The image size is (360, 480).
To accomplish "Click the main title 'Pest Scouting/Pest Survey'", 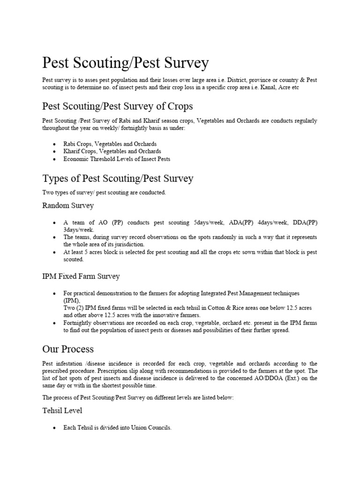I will click(126, 63).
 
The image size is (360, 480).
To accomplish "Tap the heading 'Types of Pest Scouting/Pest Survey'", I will click(118, 179).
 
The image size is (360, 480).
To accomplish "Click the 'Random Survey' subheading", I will click(68, 205).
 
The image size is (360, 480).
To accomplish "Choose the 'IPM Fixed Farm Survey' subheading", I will click(81, 276).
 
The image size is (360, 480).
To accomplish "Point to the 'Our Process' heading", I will click(68, 349).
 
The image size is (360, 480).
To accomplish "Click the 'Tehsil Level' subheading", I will click(62, 410).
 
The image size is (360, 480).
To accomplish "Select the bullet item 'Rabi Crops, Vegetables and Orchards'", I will click(110, 144).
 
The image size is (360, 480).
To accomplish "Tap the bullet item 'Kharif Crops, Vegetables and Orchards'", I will click(112, 151).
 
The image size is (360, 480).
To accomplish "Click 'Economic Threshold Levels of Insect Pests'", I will click(117, 159).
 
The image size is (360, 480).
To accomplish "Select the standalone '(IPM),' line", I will click(72, 300).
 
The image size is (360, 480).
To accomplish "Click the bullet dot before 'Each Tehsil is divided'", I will click(55, 428).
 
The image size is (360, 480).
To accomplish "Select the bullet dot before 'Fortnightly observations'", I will click(55, 323).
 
